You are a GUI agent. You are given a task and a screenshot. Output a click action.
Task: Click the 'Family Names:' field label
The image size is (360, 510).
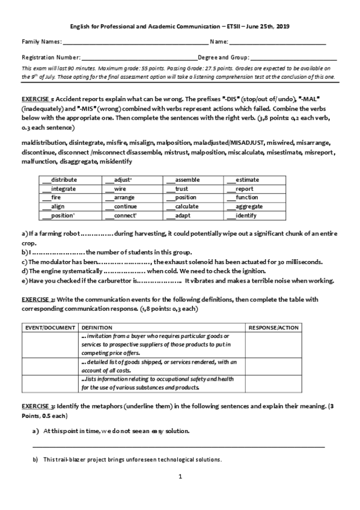click(x=41, y=41)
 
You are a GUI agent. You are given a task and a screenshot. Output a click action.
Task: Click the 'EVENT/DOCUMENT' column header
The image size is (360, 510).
click(x=50, y=327)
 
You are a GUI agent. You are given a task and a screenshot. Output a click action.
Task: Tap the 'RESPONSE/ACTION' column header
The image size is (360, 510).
click(x=273, y=327)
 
